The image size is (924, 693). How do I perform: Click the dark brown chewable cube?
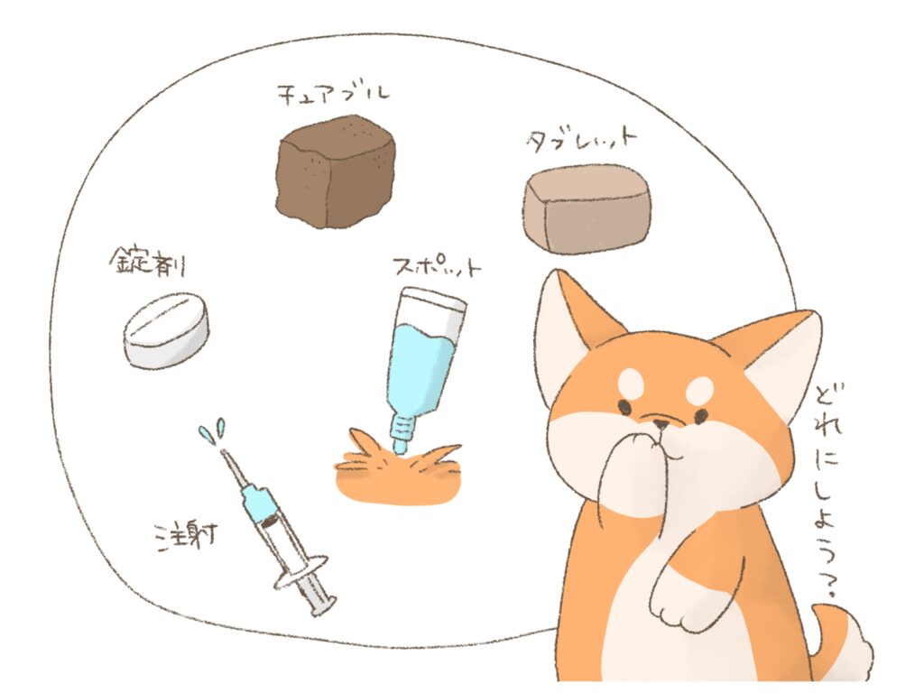tap(335, 171)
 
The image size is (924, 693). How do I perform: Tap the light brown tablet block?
tap(587, 208)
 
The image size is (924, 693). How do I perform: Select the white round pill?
tap(166, 330)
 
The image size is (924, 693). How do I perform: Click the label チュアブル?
tap(334, 96)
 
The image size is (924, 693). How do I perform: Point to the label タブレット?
tap(580, 140)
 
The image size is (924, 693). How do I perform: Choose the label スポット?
tap(437, 266)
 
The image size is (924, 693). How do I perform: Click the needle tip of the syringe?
tap(223, 451)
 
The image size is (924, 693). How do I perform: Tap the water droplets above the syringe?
tap(212, 430)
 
